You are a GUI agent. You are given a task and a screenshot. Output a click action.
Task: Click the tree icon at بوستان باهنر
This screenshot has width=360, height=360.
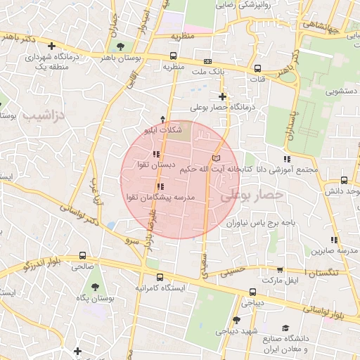(x=121, y=46)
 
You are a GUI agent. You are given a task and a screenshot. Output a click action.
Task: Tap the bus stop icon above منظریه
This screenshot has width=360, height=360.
(x=173, y=56)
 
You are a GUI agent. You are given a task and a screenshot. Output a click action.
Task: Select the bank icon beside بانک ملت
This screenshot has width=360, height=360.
(x=207, y=61)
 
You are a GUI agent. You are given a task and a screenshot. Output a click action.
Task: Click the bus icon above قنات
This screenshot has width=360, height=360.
(x=258, y=68)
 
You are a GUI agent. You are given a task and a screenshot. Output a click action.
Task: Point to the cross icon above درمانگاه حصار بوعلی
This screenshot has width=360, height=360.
(x=222, y=96)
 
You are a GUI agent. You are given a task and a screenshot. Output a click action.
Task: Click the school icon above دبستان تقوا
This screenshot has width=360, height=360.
(x=156, y=154)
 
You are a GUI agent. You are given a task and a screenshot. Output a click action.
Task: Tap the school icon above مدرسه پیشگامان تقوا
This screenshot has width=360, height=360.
(x=161, y=186)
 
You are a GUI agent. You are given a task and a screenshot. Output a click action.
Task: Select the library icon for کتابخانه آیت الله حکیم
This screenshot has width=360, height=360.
(x=216, y=157)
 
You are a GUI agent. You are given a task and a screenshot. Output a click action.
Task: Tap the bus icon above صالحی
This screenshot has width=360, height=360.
(x=83, y=256)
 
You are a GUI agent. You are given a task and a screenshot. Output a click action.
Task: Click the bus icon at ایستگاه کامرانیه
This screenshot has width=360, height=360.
(x=160, y=277)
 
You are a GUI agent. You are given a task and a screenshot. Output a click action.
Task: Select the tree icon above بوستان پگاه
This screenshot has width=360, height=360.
(x=96, y=287)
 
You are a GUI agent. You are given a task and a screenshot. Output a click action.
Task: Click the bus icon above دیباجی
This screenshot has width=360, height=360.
(x=251, y=292)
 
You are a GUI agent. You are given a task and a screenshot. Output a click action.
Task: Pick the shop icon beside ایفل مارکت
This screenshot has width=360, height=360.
(x=280, y=269)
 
